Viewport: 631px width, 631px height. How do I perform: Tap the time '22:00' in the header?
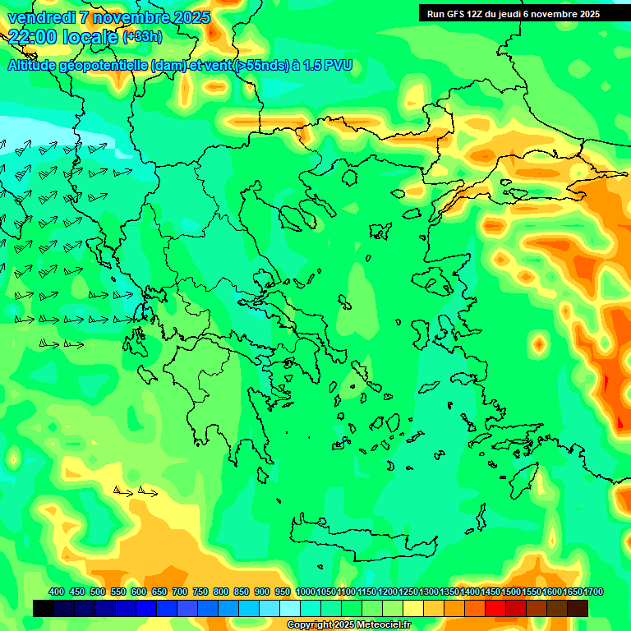coord(33,36)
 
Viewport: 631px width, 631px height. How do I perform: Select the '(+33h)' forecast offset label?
coord(142,36)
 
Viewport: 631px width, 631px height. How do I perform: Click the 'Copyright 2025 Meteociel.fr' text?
coord(348,625)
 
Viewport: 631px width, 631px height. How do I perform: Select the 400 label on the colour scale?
coord(57,592)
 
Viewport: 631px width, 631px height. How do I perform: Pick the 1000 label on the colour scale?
coord(305,592)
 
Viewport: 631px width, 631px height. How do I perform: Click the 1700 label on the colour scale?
coord(593,592)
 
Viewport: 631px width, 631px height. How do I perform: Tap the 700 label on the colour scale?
coord(180,592)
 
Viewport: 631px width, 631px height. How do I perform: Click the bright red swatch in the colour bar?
coord(495,608)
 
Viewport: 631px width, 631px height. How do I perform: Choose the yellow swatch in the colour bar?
coord(413,608)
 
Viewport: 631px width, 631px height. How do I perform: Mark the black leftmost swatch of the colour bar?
coord(44,608)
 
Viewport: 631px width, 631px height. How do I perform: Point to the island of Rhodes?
coord(525,481)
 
